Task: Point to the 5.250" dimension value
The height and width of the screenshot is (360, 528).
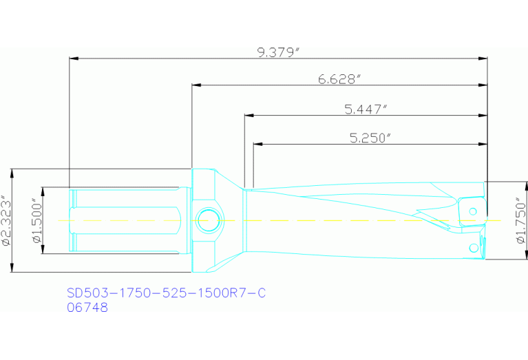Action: point(370,138)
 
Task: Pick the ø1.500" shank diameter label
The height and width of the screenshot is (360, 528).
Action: point(36,220)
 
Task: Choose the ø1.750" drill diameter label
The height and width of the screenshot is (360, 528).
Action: point(520,221)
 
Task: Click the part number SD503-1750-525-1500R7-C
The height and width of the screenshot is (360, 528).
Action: point(166,293)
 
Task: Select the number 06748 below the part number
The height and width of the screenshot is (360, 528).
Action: point(87,308)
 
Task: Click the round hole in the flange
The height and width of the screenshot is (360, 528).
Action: point(207,221)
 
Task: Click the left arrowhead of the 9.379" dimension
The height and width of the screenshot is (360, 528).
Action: point(73,59)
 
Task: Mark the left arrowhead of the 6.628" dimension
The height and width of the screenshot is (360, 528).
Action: point(196,85)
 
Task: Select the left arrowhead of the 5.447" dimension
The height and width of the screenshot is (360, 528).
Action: point(248,115)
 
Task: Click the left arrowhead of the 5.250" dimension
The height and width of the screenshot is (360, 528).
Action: point(257,144)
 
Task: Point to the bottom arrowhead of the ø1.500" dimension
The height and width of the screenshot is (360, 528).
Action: point(42,251)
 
